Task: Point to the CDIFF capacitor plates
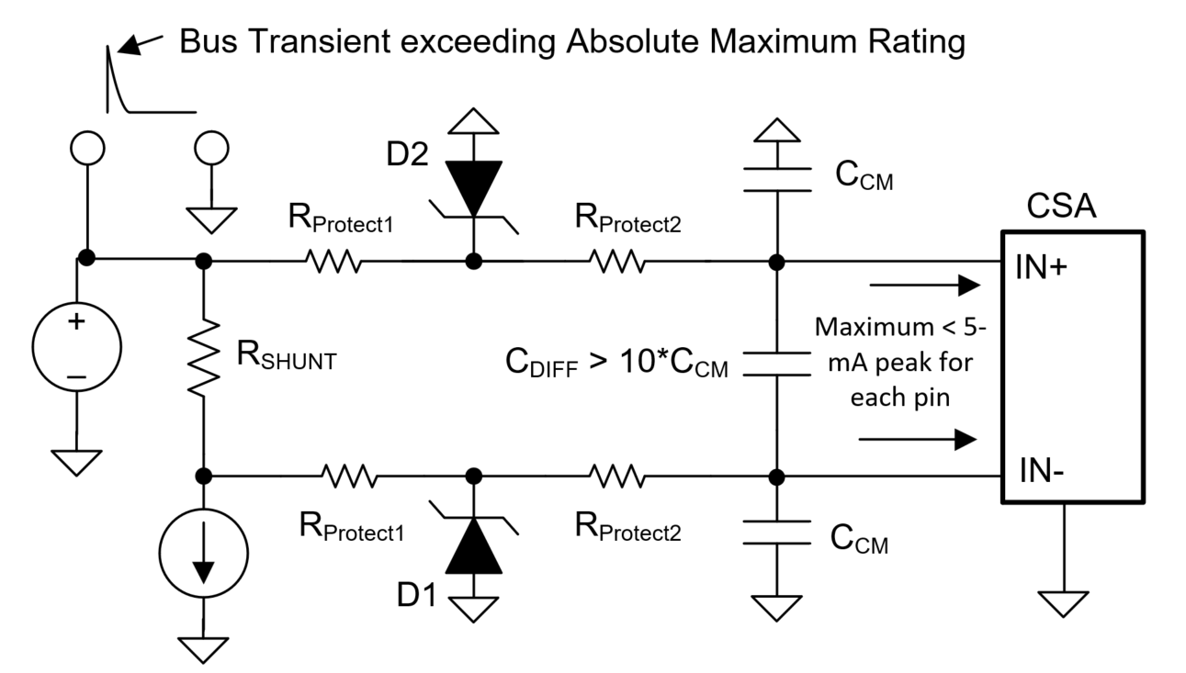[776, 364]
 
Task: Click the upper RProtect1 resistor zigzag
[333, 263]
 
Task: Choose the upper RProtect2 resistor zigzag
[617, 263]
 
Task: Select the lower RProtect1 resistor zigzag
[349, 477]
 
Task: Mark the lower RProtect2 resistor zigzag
[617, 477]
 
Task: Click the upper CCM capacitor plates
[776, 179]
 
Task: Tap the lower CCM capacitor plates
[776, 533]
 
